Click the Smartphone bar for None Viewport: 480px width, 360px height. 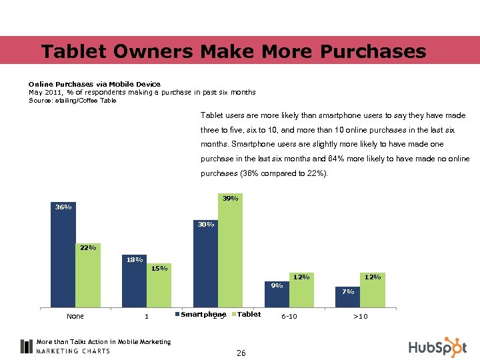pos(63,259)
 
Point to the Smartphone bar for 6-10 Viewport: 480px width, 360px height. pos(277,297)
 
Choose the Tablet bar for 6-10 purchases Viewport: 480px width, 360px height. pos(301,293)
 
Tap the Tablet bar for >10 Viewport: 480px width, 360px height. pos(373,293)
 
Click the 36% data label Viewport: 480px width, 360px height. pos(63,207)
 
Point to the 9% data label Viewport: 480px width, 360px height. pos(277,285)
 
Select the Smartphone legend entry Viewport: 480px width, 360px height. pos(201,314)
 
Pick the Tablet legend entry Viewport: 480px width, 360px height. pos(246,314)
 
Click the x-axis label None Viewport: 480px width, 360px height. pos(75,316)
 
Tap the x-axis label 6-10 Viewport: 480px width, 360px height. pos(289,316)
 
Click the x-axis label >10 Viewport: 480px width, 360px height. pos(360,316)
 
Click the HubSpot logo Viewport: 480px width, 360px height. pos(437,347)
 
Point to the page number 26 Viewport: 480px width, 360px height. pos(241,353)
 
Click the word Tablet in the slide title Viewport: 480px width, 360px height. pos(71,51)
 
